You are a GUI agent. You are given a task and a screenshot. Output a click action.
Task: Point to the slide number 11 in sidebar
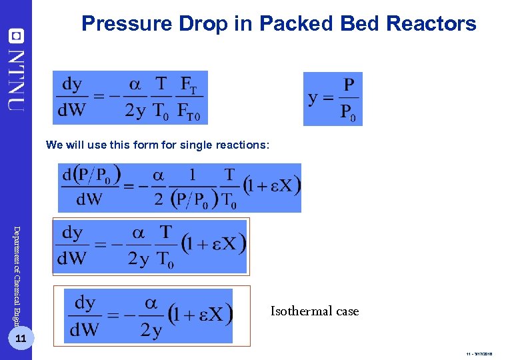point(21,339)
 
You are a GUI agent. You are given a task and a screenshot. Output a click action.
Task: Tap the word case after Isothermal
point(346,311)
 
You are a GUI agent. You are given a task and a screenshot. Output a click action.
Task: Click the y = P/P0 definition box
point(333,99)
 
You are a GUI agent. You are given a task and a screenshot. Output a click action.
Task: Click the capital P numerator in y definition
point(349,86)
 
